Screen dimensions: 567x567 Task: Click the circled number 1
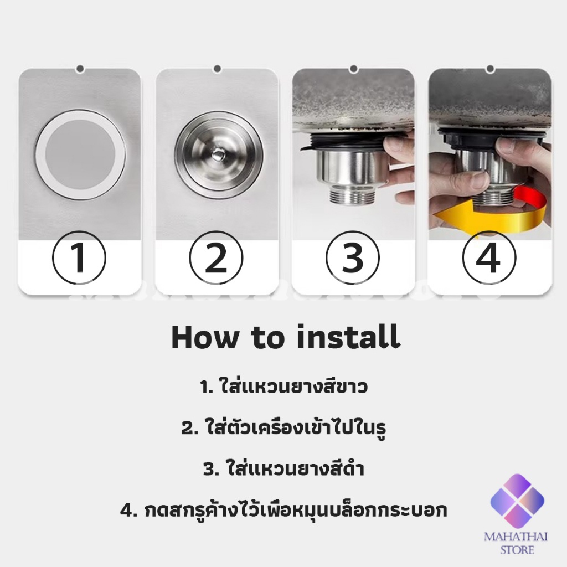pos(79,258)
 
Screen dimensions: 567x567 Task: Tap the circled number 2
pos(216,258)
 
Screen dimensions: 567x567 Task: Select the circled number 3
pos(353,258)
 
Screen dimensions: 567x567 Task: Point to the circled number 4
pos(489,258)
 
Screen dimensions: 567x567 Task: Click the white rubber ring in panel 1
pos(40,156)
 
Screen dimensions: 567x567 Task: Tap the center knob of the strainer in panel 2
pos(218,155)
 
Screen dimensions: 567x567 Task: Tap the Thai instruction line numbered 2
pos(283,427)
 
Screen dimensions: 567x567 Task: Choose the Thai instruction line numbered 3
pos(283,468)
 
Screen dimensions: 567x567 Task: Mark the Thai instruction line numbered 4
pos(283,510)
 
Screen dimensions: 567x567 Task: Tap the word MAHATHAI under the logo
pos(516,537)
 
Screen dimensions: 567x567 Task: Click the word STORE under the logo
pos(517,550)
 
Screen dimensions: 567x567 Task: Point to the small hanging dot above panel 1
pos(80,68)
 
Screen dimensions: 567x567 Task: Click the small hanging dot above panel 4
pos(491,68)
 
